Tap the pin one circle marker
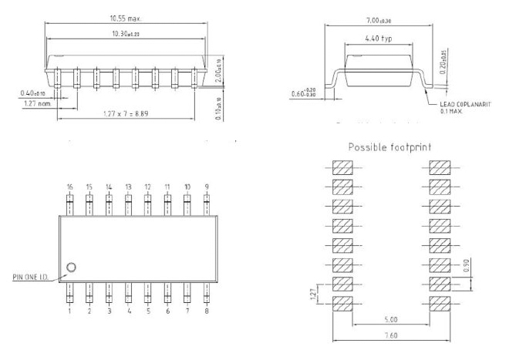click(71, 267)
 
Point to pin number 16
click(69, 187)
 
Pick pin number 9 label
click(207, 187)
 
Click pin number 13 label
click(128, 187)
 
